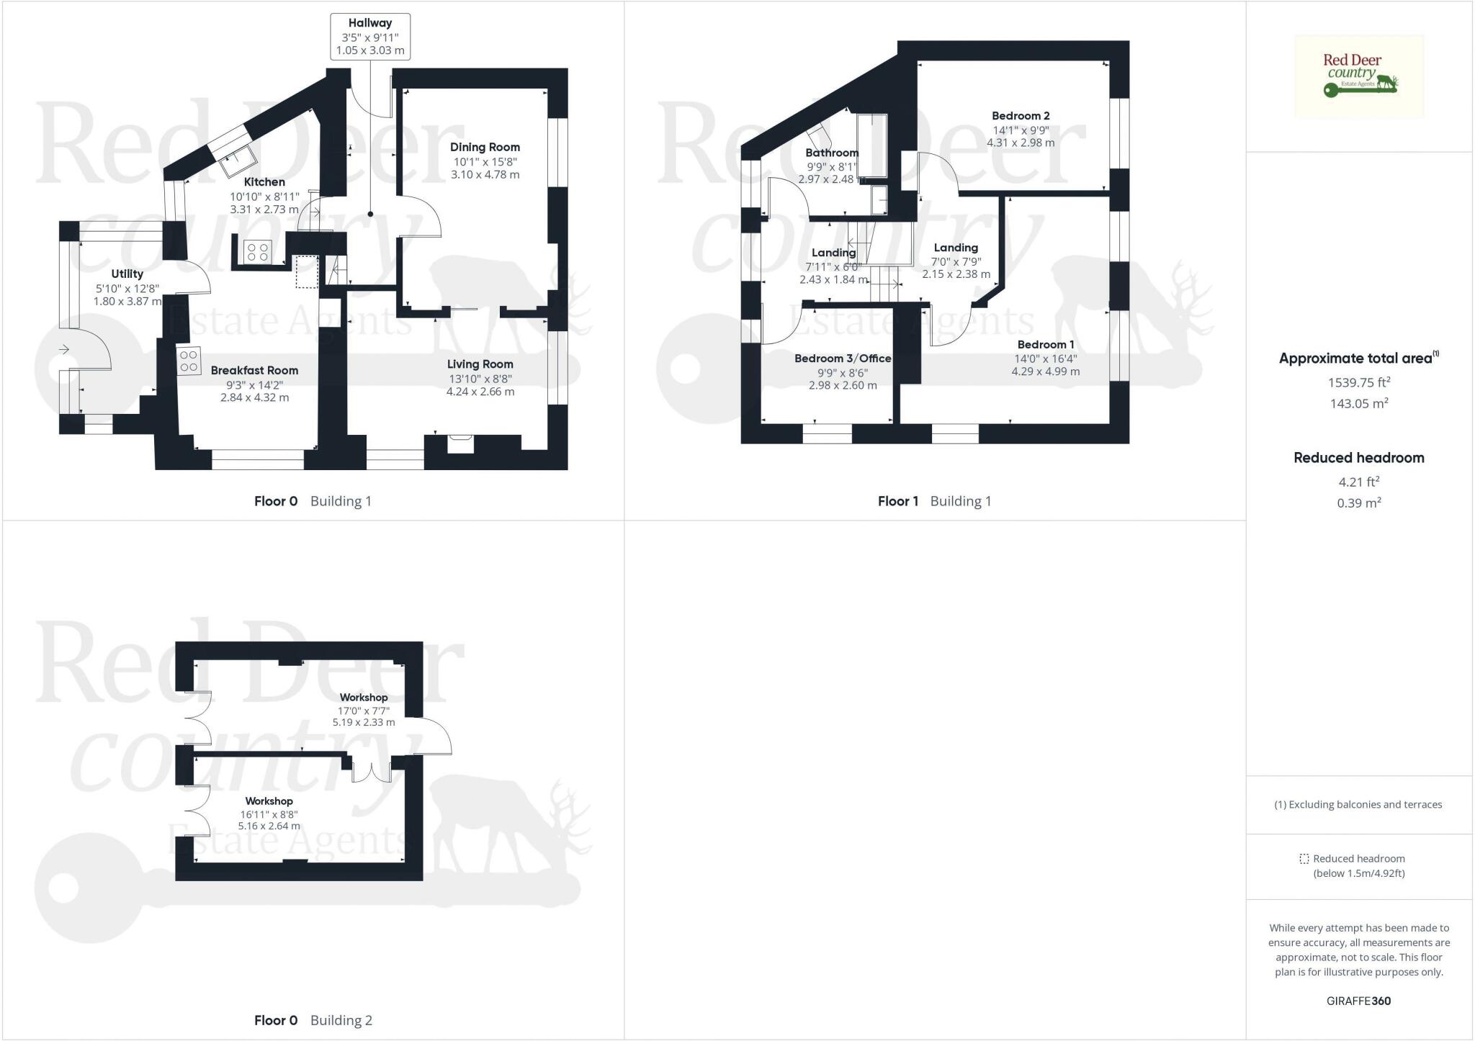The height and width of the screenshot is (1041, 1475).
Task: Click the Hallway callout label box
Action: (370, 37)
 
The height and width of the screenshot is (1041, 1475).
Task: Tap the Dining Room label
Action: (485, 147)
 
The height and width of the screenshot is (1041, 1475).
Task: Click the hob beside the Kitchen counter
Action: (258, 251)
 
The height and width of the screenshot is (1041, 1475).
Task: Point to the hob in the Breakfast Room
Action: (189, 361)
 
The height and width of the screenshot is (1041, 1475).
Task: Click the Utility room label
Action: (127, 274)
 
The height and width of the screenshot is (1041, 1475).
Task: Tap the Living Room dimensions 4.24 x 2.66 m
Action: (480, 392)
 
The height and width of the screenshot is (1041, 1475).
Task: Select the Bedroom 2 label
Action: (1021, 116)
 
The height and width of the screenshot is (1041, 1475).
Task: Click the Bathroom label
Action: (832, 153)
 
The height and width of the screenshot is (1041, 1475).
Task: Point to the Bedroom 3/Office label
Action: (843, 359)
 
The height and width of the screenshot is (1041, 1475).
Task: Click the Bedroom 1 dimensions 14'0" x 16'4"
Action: (1045, 358)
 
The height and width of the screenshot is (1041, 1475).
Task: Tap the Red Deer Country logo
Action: (1359, 76)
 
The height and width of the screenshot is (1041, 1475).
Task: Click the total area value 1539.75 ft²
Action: (1359, 382)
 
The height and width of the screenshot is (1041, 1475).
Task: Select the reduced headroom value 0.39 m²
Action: (1359, 503)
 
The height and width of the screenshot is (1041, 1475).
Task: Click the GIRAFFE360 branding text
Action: (1358, 1001)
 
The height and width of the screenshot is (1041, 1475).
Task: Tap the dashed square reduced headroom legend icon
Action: (1304, 859)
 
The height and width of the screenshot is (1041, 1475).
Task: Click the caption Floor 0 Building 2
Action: (313, 1020)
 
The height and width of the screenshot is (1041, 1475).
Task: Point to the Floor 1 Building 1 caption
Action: (934, 501)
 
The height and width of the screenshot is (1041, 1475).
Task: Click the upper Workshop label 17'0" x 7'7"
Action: (364, 709)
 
